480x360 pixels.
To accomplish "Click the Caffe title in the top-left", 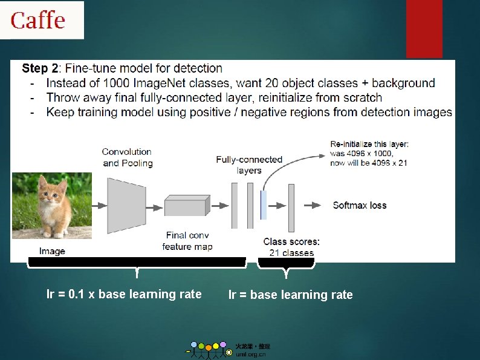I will (x=37, y=20).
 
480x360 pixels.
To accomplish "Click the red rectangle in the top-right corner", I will (x=424, y=28).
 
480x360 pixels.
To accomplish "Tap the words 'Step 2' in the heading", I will (x=41, y=68).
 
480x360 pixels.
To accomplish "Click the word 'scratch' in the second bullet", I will (x=362, y=97).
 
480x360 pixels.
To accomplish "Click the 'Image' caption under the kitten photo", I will (x=52, y=251).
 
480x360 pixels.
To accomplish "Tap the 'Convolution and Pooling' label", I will (x=127, y=157).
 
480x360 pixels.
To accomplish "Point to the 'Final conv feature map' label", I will (x=187, y=241).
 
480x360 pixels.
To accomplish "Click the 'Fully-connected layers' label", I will (x=249, y=165).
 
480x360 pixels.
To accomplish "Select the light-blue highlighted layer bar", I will (x=264, y=205).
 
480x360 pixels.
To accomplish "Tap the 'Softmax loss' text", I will (x=359, y=205).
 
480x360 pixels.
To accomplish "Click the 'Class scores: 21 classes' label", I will (x=291, y=247).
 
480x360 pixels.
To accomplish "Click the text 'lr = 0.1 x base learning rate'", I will (x=124, y=295).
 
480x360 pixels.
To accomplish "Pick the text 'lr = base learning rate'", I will (x=290, y=295).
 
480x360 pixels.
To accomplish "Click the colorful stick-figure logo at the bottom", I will (x=209, y=349).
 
